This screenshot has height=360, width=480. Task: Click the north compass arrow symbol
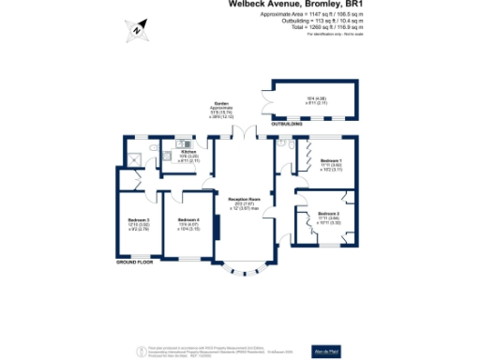(x=137, y=29)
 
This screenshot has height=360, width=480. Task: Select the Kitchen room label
(x=187, y=152)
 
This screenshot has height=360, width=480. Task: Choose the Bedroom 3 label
(x=139, y=222)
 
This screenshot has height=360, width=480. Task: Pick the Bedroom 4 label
(x=188, y=222)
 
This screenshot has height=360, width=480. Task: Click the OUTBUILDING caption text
(x=287, y=124)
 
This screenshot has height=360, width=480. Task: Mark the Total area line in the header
(x=324, y=28)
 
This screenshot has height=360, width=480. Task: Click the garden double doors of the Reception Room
(x=242, y=134)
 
